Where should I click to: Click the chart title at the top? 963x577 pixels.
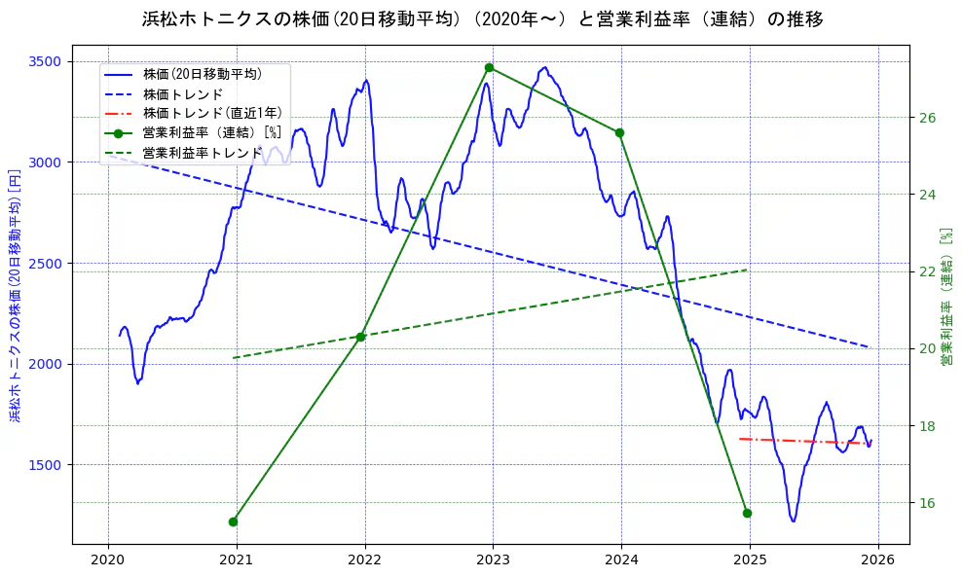pyautogui.click(x=482, y=19)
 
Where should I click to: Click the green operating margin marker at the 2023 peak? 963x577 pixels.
pyautogui.click(x=489, y=67)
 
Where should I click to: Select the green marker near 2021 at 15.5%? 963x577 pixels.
pyautogui.click(x=233, y=522)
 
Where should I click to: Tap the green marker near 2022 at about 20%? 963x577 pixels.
pyautogui.click(x=360, y=337)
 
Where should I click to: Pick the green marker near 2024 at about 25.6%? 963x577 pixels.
pyautogui.click(x=619, y=132)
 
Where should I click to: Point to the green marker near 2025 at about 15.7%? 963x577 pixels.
pyautogui.click(x=747, y=513)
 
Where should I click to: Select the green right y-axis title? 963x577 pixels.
pyautogui.click(x=945, y=296)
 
